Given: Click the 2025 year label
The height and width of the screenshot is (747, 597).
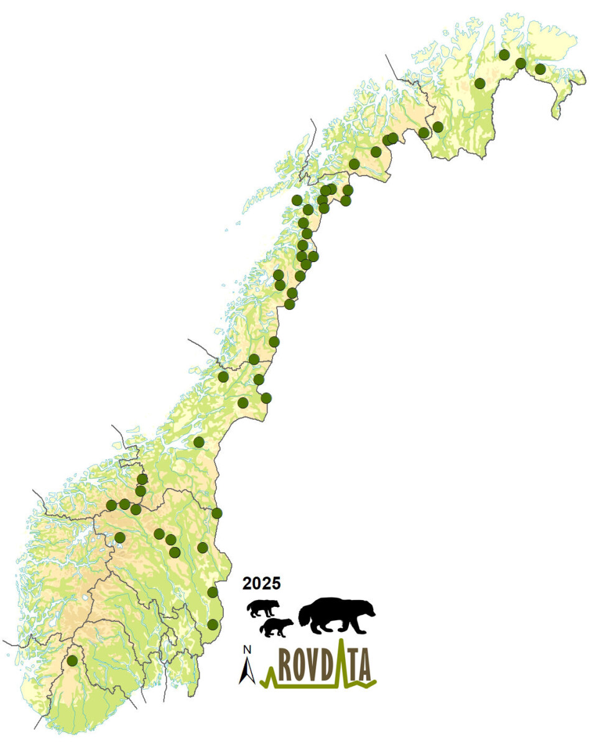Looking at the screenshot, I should point(261,584).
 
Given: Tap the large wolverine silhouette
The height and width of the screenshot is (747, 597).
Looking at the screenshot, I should point(336,616).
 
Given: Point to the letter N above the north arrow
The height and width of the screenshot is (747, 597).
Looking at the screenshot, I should point(246,650).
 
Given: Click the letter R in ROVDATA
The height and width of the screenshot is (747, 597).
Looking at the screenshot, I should point(286,667).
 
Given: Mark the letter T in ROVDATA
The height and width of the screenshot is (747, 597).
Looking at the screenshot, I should point(353,667).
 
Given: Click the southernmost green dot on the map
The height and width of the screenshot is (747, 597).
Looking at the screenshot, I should point(72,660).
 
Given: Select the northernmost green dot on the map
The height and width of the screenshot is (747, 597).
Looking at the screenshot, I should point(505,55).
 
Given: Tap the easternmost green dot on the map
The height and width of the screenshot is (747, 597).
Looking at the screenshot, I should point(540,68).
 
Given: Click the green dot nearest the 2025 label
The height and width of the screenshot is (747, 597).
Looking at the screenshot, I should point(213,591).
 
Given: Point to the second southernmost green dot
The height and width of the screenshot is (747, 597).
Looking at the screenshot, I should point(213,624).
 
